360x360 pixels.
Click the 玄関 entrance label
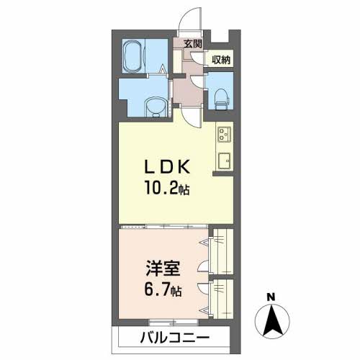tap(193, 44)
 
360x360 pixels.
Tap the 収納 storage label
tap(220, 60)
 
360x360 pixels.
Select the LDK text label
tap(167, 166)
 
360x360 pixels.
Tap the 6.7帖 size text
tap(163, 289)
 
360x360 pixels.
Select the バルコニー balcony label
tap(175, 338)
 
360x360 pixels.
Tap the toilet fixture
tap(220, 99)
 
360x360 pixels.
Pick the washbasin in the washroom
tap(156, 107)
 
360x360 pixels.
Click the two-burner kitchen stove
tap(224, 134)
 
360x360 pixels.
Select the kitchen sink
tap(224, 161)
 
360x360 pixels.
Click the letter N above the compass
tap(271, 297)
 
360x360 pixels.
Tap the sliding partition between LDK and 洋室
tap(163, 226)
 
